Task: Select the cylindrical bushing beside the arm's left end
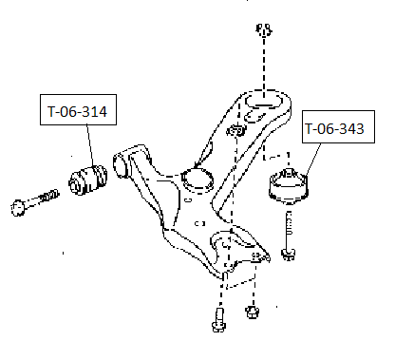[88, 179]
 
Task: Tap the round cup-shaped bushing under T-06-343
[289, 186]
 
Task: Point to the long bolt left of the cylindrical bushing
[35, 202]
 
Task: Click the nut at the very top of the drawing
[264, 29]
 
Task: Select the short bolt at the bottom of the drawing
[219, 320]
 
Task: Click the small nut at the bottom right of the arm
[252, 312]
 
